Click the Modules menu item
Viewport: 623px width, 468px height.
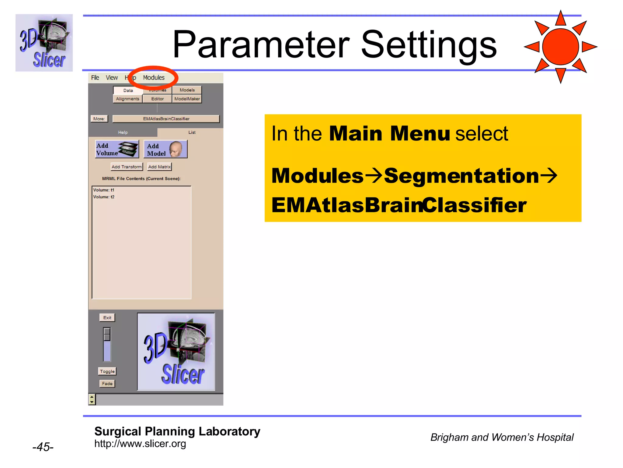(x=154, y=78)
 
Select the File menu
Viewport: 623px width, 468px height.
(x=95, y=78)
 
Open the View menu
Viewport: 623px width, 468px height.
(x=112, y=78)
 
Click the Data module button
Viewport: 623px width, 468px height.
(x=128, y=90)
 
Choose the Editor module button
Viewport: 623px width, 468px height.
(x=157, y=99)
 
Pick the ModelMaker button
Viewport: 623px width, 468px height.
(x=187, y=99)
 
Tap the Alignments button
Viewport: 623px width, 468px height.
(x=127, y=99)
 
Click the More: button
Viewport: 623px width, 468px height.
(x=99, y=119)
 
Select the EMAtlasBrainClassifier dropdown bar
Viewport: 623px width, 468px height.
(x=166, y=119)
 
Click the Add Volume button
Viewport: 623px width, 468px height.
(x=117, y=149)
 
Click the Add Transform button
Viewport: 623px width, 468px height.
(x=127, y=167)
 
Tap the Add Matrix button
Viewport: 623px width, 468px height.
(x=159, y=167)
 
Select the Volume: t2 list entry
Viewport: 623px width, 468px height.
(x=104, y=197)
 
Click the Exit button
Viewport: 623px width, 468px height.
(x=107, y=317)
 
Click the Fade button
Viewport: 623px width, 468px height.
(x=107, y=384)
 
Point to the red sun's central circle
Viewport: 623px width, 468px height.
(x=560, y=47)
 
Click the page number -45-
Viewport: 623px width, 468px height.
(x=43, y=447)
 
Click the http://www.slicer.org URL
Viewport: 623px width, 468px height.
(x=140, y=444)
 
